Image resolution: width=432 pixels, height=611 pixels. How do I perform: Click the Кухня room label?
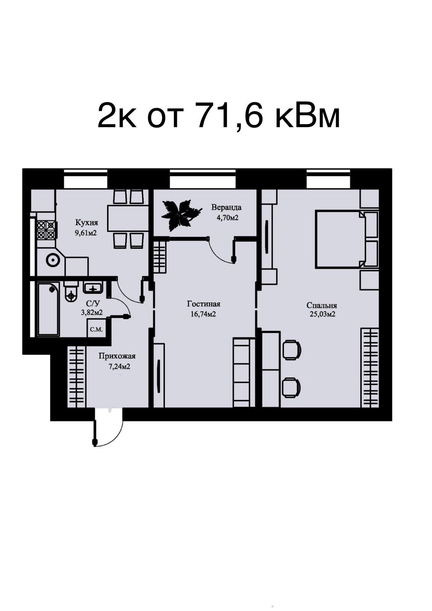(x=86, y=223)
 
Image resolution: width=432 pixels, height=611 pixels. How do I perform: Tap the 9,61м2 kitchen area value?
(x=86, y=233)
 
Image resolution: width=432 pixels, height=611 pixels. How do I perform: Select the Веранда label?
(x=226, y=207)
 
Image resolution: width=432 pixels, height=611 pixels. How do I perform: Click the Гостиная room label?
(x=204, y=304)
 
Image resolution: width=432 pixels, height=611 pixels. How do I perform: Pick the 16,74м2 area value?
(x=203, y=314)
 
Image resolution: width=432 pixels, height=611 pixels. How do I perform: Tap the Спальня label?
(x=322, y=305)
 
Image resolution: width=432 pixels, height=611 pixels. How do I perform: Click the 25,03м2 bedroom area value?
(x=322, y=314)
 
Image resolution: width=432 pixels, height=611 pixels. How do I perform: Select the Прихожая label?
(x=117, y=356)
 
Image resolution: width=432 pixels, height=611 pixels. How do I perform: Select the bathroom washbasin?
(x=93, y=288)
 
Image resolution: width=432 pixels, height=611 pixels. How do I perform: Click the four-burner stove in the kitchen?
(x=46, y=230)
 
